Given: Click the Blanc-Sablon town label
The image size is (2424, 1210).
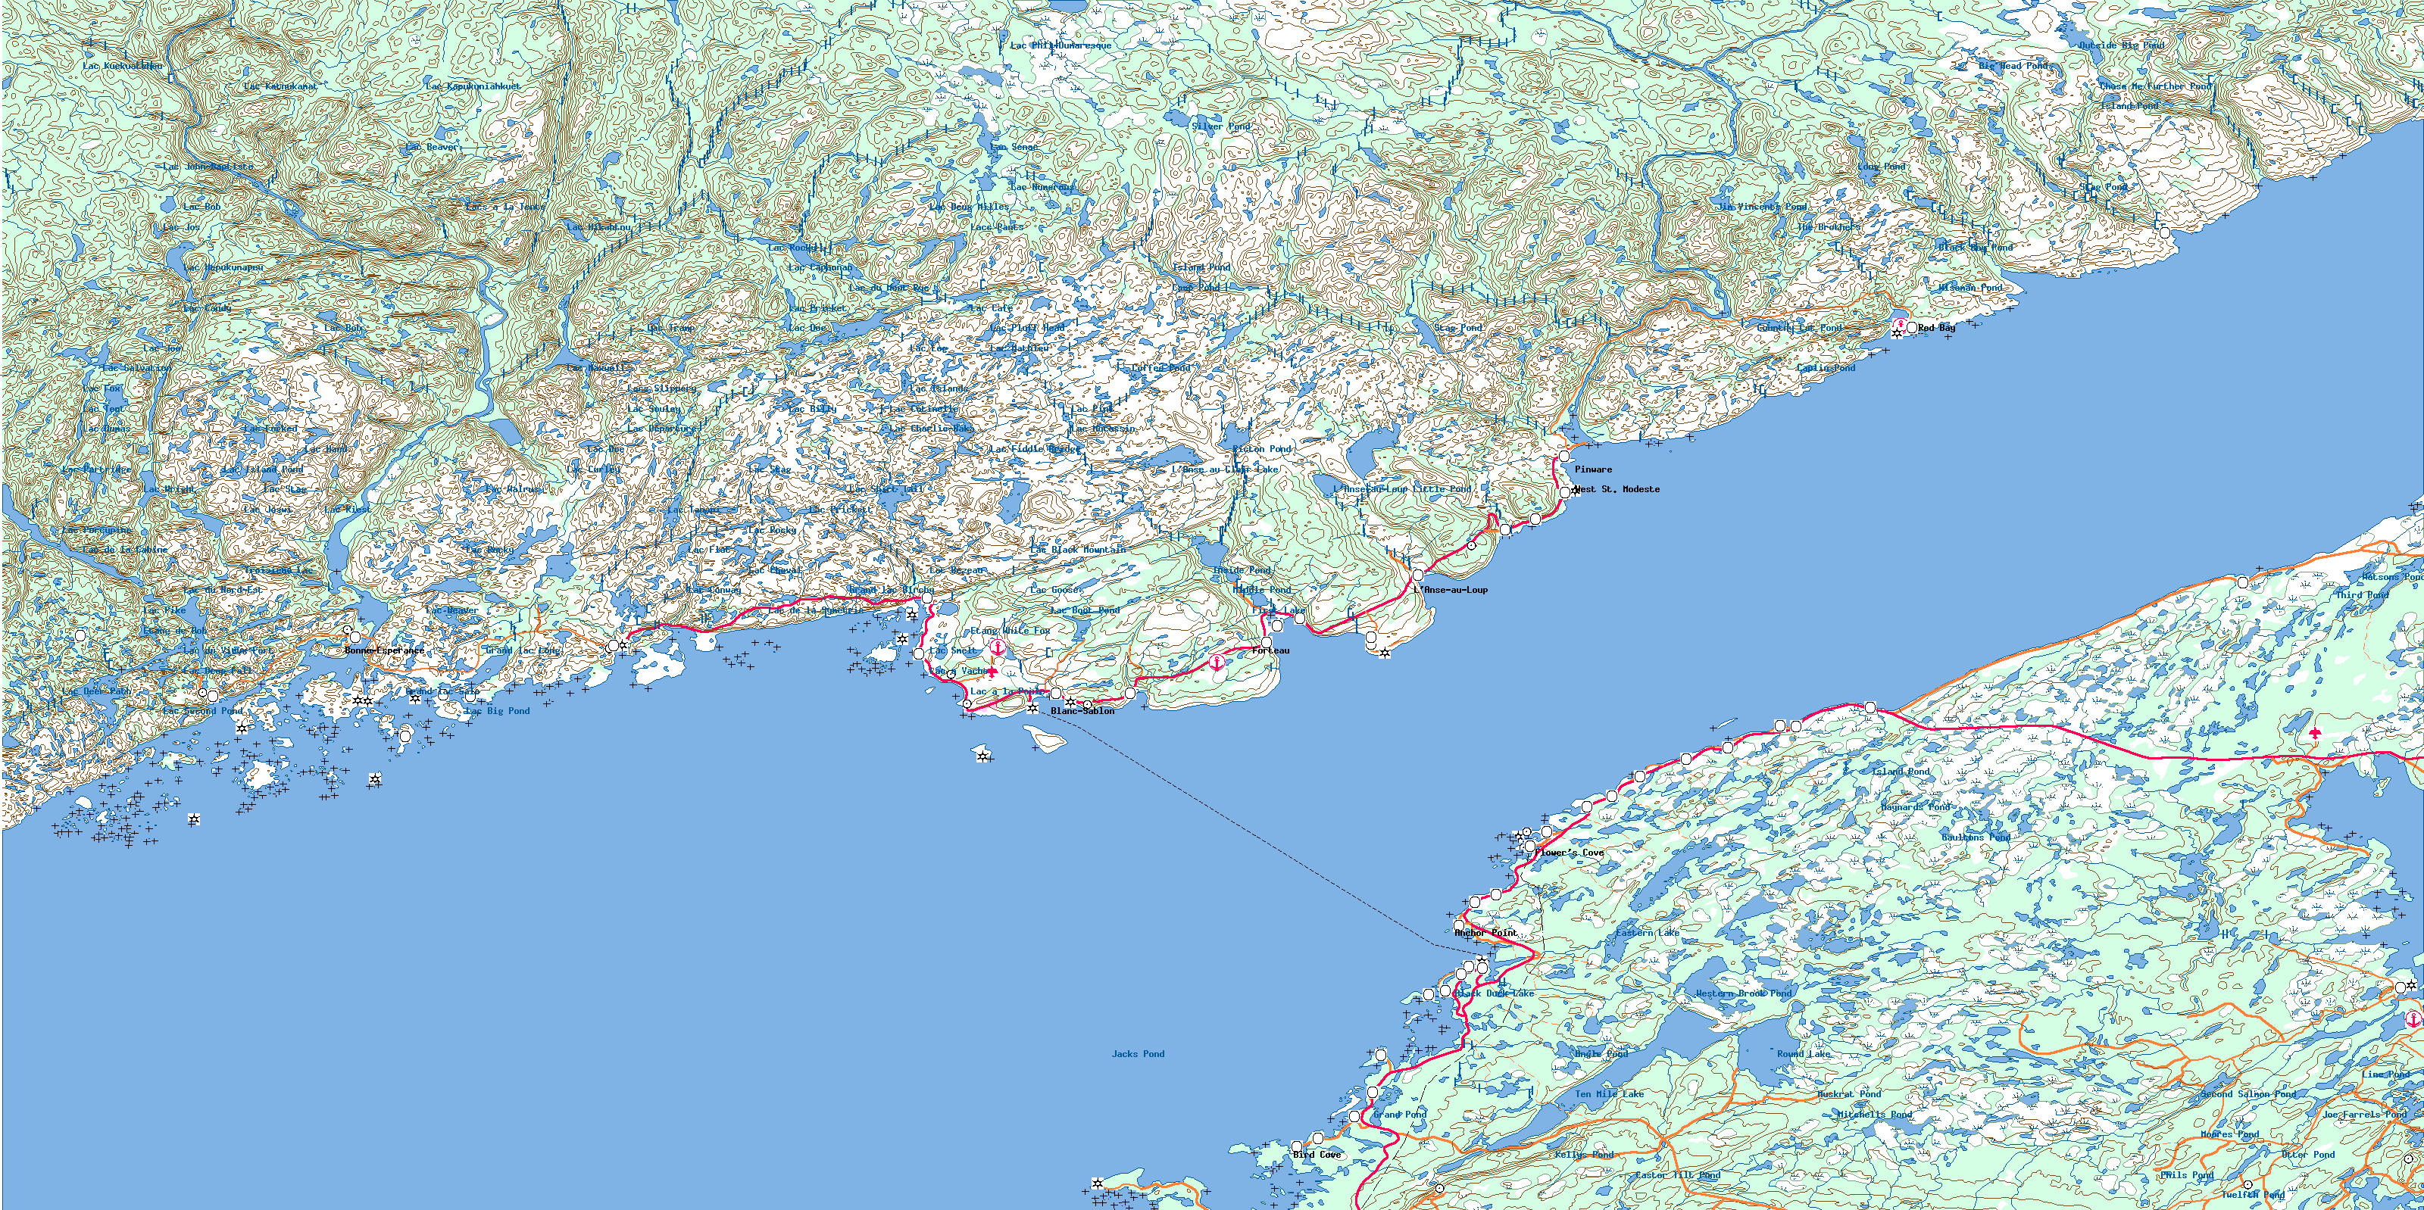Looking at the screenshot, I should [x=1082, y=711].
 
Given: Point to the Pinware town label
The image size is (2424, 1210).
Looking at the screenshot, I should [x=1593, y=469].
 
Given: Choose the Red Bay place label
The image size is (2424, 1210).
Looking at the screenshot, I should [x=1937, y=327].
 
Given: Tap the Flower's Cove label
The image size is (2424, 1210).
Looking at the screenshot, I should [x=1570, y=853].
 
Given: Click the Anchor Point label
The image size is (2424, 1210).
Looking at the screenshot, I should [x=1485, y=932].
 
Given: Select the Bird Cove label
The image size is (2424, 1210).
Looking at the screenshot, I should [x=1317, y=1155].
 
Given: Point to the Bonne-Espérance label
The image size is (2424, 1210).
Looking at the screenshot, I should [x=384, y=650].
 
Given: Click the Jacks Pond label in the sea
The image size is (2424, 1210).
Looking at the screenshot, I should [x=1138, y=1054].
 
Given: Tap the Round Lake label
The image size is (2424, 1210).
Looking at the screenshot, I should [x=1804, y=1054].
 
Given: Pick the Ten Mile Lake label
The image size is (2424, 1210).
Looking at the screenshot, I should [x=1609, y=1094].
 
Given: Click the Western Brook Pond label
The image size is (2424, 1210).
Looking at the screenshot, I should [x=1744, y=993].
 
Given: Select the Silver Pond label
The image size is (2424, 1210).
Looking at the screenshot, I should [x=1221, y=126].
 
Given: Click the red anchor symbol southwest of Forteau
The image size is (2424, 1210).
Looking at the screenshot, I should [x=1217, y=663].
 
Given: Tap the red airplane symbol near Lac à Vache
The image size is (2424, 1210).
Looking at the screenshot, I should [x=991, y=672].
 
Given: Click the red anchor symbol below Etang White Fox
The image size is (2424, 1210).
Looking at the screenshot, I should [x=998, y=647].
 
